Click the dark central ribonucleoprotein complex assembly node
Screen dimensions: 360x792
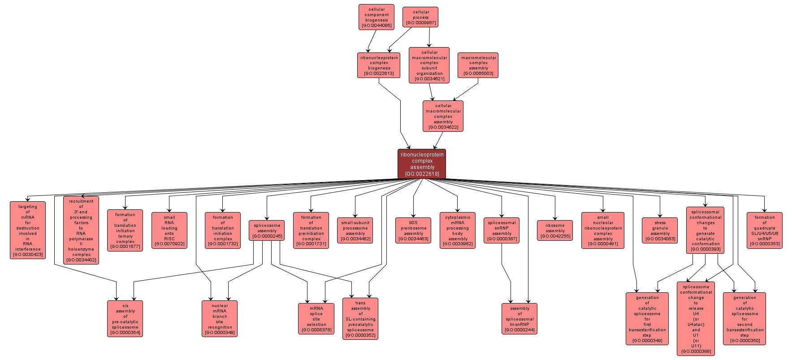coord(422,164)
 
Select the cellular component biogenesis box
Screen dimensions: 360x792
coord(377,17)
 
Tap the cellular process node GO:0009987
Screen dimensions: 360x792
coord(420,17)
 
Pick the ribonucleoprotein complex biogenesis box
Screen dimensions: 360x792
coord(379,65)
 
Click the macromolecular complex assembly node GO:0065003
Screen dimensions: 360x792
coord(478,65)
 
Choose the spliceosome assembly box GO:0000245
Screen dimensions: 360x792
coord(267,230)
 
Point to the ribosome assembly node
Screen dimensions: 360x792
coord(555,230)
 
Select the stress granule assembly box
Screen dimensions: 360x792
coord(660,230)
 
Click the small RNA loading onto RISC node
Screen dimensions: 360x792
coord(169,230)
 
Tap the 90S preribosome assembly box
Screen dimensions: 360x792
coord(413,230)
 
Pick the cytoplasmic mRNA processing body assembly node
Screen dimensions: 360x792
coord(458,230)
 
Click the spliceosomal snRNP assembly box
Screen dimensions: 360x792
coord(502,230)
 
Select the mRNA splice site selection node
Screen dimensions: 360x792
coord(316,319)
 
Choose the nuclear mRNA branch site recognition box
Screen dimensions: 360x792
coord(220,319)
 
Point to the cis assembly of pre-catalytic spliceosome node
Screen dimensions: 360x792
coord(125,319)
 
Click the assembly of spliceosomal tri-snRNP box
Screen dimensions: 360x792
coord(519,319)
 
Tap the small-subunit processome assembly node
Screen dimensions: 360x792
coord(355,230)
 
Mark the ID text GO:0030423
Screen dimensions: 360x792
coord(28,255)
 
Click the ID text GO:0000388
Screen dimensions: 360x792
coord(696,351)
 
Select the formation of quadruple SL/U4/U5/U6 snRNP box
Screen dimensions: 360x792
coord(764,230)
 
